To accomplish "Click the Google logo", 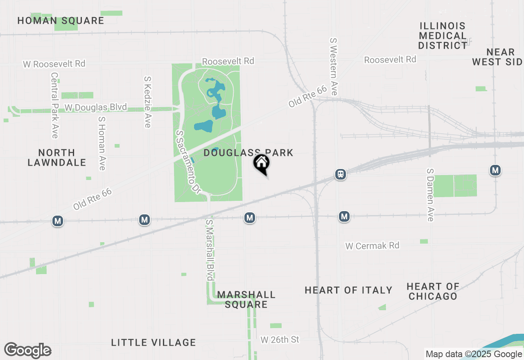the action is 28,350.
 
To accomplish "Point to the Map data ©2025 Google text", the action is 474,354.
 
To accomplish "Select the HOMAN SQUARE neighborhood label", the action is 61,21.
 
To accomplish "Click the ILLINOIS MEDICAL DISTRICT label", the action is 443,36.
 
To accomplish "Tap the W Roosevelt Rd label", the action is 54,64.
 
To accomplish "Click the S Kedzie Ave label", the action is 147,102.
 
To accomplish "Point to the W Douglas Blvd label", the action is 96,108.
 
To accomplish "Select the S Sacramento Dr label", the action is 188,162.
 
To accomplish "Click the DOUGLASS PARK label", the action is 248,153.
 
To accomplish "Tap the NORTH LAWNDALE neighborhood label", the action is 57,157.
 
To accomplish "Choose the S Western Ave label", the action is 334,67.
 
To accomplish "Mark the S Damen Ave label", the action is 430,195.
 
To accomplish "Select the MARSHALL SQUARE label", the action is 246,299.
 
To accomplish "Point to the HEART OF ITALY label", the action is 349,290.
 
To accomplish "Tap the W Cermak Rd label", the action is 372,246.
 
